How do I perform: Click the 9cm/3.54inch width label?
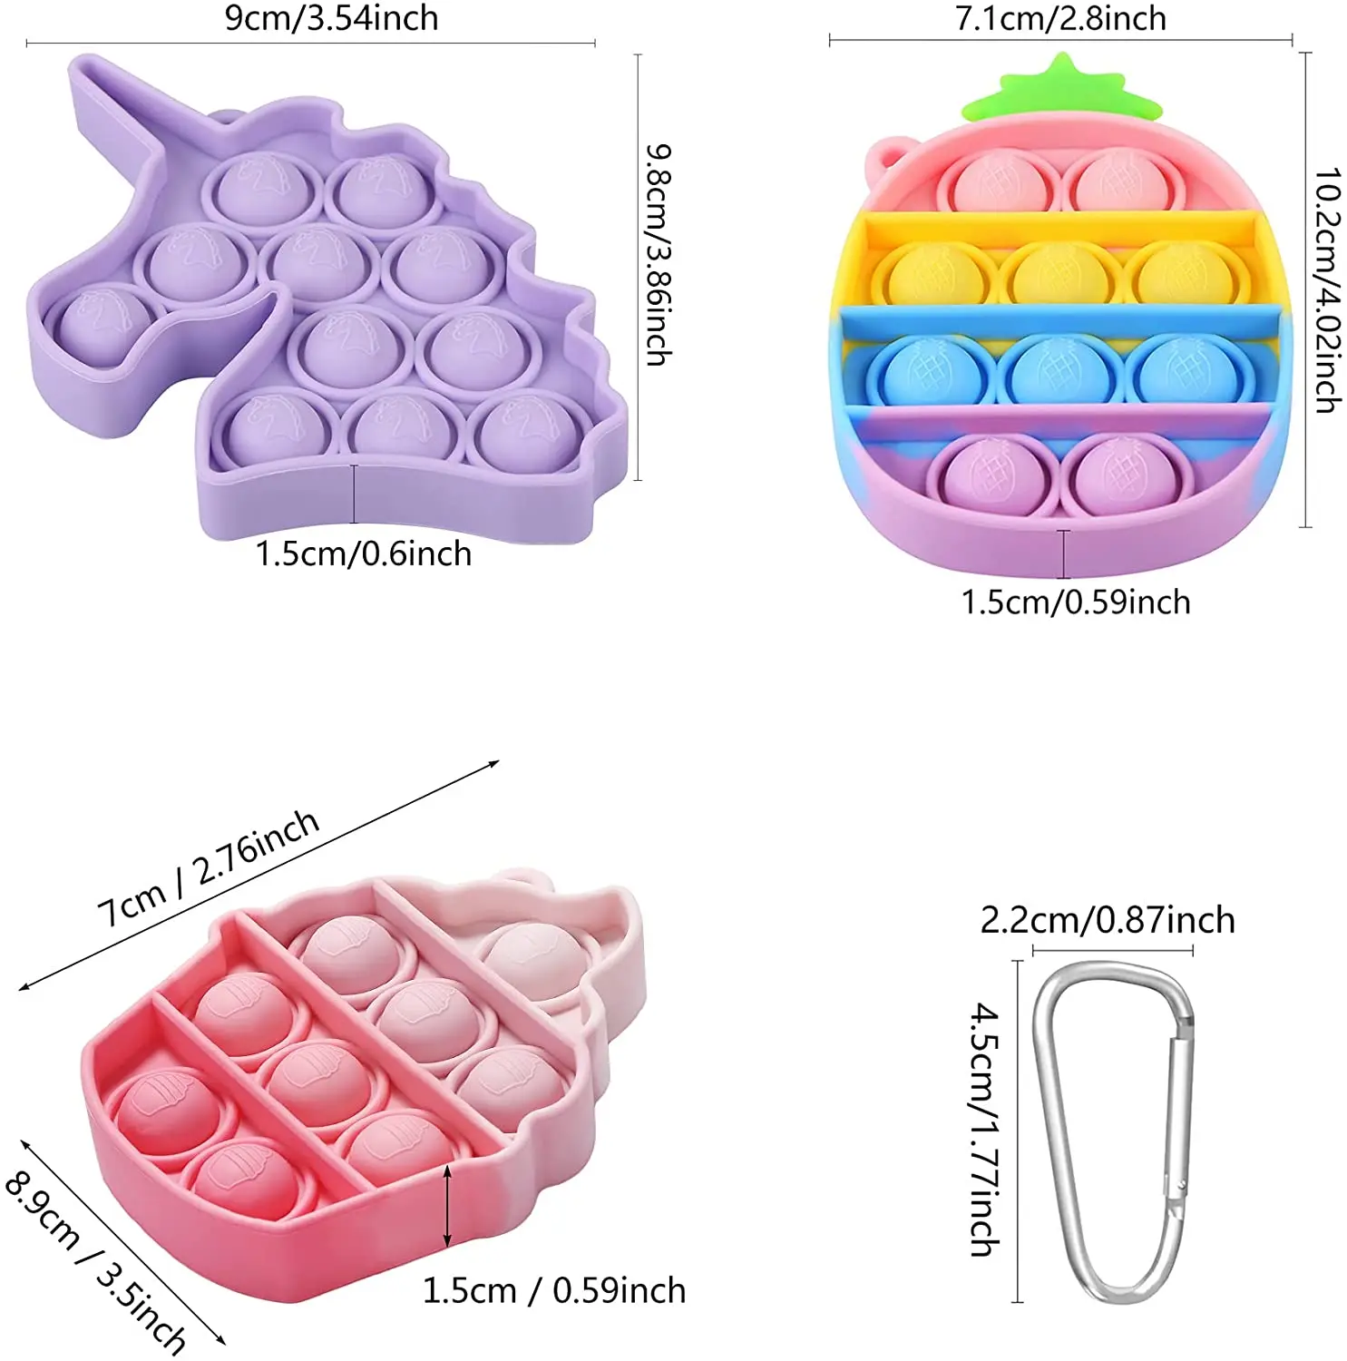[x=331, y=18]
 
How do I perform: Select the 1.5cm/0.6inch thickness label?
[x=363, y=553]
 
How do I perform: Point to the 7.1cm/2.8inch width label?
[x=1060, y=18]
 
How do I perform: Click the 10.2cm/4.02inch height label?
[x=1328, y=290]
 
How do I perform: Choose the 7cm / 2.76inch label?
[x=209, y=868]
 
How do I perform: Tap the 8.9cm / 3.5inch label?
[x=95, y=1261]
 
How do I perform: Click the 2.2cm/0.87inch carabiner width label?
[x=1108, y=920]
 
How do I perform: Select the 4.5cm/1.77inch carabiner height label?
[x=986, y=1129]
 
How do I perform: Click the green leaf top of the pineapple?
[x=1062, y=91]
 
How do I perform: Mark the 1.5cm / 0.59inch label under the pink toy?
[x=554, y=1290]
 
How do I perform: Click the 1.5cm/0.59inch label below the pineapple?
[x=1076, y=602]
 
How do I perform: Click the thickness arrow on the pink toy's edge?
[x=447, y=1207]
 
